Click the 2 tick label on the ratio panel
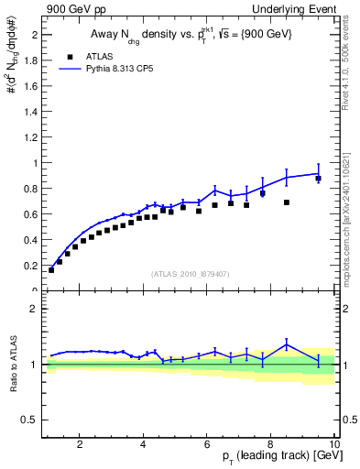(35, 309)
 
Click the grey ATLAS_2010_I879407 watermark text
(190, 272)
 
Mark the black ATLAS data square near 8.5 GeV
(287, 202)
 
